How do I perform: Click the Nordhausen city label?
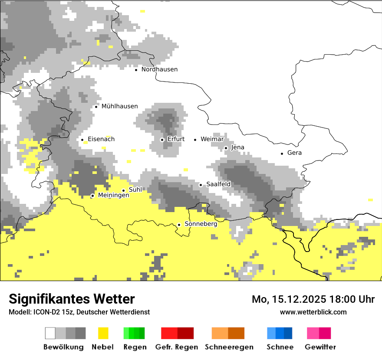coord(159,69)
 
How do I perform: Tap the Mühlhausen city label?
coord(119,106)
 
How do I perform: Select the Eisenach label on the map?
coord(101,139)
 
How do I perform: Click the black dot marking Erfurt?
coord(162,140)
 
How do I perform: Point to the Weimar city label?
coord(212,139)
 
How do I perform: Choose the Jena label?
coord(237,147)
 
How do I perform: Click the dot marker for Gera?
coord(282,153)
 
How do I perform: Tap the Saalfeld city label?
coord(218,184)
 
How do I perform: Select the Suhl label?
coord(135,190)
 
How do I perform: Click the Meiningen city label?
coord(113,195)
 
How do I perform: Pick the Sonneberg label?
coord(201,224)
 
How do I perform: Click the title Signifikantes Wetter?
coord(72,299)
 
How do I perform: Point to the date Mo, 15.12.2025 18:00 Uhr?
coord(313,299)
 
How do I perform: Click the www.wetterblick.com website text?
coord(313,312)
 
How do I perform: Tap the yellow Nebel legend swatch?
coord(103,333)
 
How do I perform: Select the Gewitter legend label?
coord(320,347)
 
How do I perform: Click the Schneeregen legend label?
coord(229,347)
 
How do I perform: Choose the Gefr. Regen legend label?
coord(176,347)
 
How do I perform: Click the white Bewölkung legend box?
coord(50,333)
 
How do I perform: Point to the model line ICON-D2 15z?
coord(79,312)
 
